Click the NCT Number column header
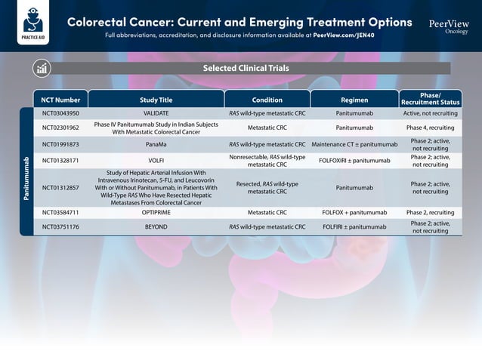pyautogui.click(x=60, y=100)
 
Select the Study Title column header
pyautogui.click(x=156, y=100)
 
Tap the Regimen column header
pyautogui.click(x=354, y=100)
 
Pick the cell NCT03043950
pyautogui.click(x=60, y=113)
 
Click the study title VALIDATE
pyautogui.click(x=156, y=113)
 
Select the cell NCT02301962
pyautogui.click(x=60, y=128)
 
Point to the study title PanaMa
pyautogui.click(x=156, y=144)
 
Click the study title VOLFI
pyautogui.click(x=156, y=161)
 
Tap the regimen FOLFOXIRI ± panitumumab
pyautogui.click(x=354, y=161)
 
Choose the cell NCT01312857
pyautogui.click(x=60, y=187)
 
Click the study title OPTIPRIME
pyautogui.click(x=156, y=213)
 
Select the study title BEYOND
pyautogui.click(x=156, y=226)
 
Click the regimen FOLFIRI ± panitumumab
pyautogui.click(x=354, y=226)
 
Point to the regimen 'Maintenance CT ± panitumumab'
pyautogui.click(x=354, y=144)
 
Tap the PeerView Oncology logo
pyautogui.click(x=449, y=26)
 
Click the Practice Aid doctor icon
pyautogui.click(x=32, y=20)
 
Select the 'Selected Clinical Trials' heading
pyautogui.click(x=246, y=69)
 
